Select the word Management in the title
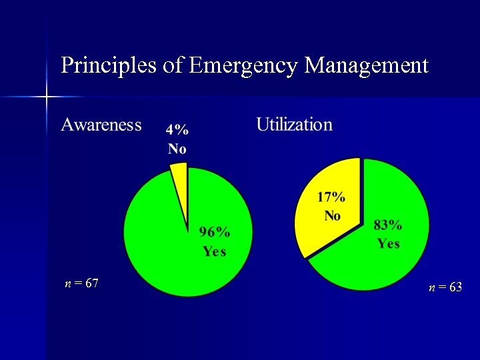pos(366,65)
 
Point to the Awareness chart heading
pos(101,125)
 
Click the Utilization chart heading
pos(294,125)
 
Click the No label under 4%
pos(177,149)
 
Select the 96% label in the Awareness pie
pos(215,233)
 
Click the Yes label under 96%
pos(215,251)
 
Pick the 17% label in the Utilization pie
pos(331,197)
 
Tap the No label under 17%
pos(332,215)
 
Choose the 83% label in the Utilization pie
pos(388,225)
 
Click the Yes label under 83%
pos(388,243)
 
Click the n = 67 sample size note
pos(82,283)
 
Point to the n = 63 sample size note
pos(445,287)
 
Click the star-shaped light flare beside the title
pos(47,97)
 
